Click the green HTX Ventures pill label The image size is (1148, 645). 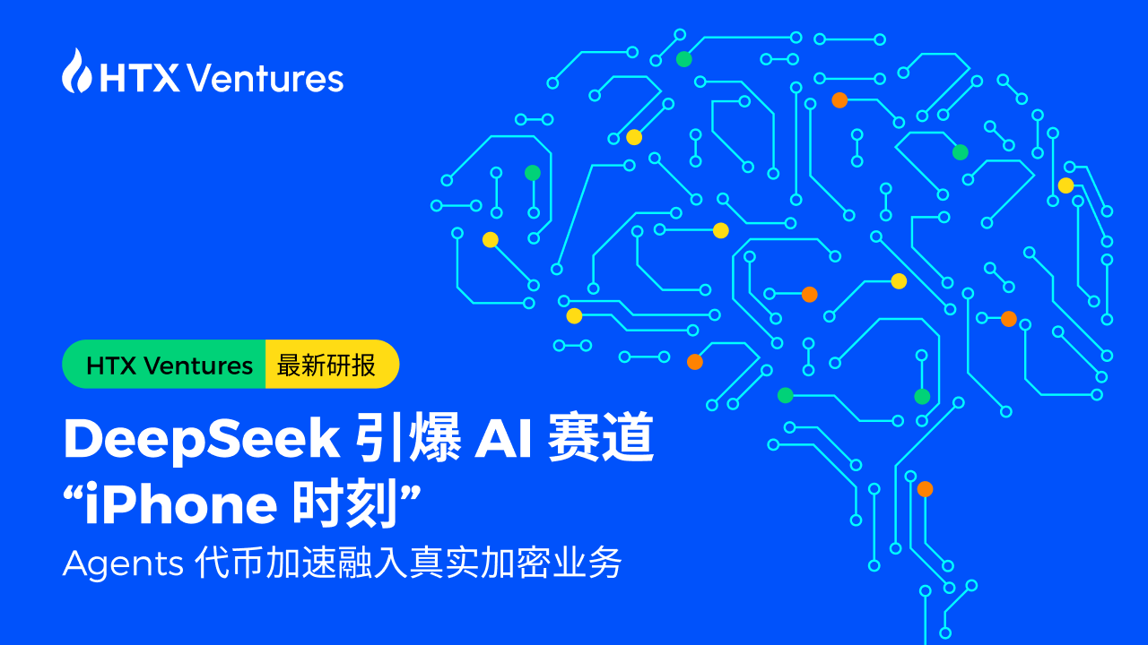tap(169, 365)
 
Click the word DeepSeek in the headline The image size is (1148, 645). tap(201, 440)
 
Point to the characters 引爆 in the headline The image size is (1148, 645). tap(404, 440)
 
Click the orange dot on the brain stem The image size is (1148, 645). tap(925, 489)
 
